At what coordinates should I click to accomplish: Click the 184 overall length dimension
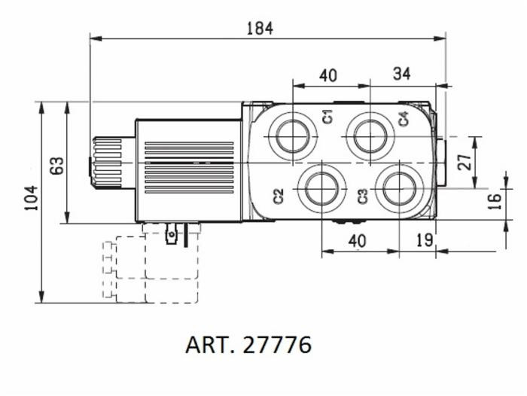click(259, 28)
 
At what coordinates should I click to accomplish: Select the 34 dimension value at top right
click(402, 73)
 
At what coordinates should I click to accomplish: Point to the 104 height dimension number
click(31, 197)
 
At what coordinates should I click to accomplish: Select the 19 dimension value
click(424, 240)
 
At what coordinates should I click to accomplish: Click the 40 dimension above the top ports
click(328, 75)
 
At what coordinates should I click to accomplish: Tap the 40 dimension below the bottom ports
click(357, 240)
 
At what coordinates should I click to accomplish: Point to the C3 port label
click(363, 196)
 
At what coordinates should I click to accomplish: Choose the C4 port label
click(404, 118)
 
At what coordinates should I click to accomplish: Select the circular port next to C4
click(370, 136)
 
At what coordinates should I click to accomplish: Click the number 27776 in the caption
click(274, 345)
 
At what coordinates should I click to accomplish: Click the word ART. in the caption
click(209, 345)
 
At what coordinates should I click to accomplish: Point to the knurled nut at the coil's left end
click(106, 162)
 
